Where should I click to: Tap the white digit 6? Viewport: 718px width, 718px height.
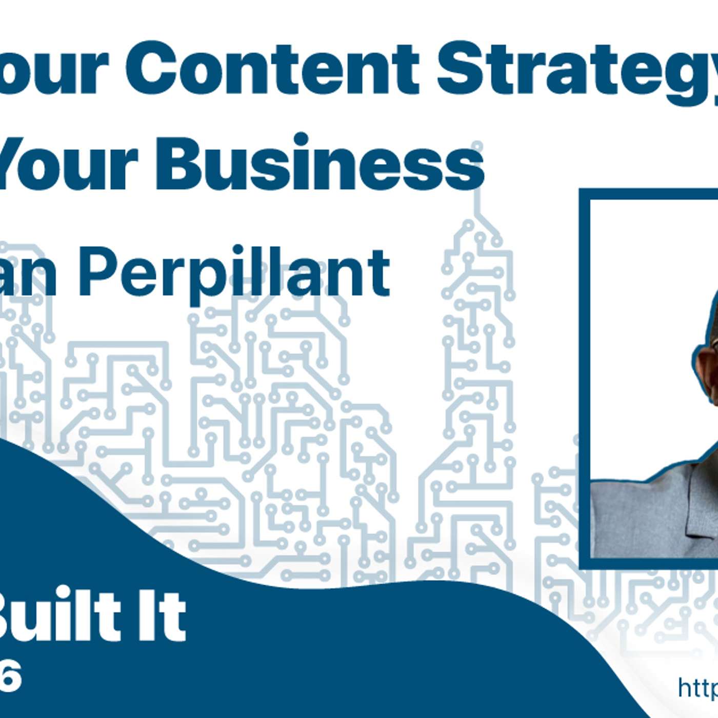[x=11, y=677]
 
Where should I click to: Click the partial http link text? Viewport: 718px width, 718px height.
[x=697, y=687]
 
